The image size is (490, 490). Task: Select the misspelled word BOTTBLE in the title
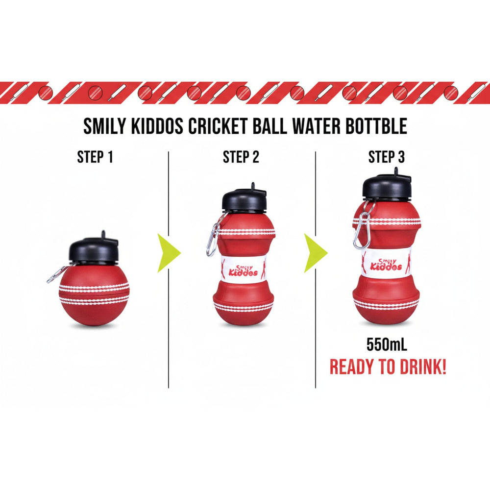pos(376,126)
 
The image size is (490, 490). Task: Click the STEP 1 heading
pos(95,157)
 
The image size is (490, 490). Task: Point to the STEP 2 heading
pos(241,157)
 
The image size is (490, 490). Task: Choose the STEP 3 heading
pos(387,157)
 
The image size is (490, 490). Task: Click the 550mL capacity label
pos(387,344)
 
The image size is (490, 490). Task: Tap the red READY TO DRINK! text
pos(388,367)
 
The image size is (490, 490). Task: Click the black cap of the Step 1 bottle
pos(93,249)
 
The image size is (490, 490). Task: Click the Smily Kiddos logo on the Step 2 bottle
pos(243,270)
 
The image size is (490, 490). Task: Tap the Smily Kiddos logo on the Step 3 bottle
pos(386,265)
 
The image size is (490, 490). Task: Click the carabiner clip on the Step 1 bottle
pos(56,275)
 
